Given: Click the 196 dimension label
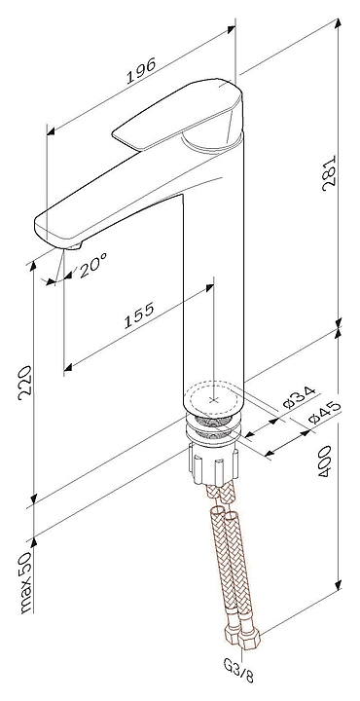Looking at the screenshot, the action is [x=142, y=70].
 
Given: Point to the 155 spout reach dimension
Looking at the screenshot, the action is [x=138, y=315].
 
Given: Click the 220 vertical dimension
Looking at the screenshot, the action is [x=25, y=381].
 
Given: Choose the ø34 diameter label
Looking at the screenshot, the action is [x=300, y=397].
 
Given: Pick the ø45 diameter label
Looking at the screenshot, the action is [x=325, y=412].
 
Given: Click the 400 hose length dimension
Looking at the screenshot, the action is [x=324, y=461].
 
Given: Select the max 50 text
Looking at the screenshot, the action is [x=26, y=581].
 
